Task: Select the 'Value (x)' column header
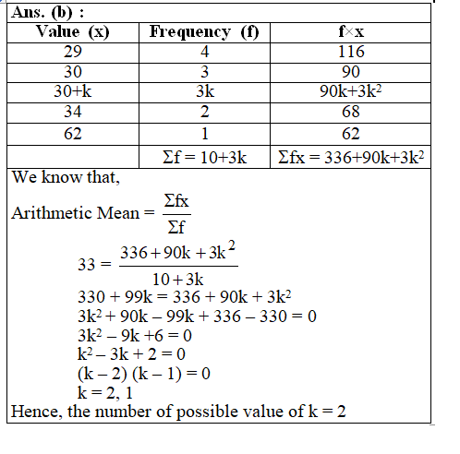[72, 32]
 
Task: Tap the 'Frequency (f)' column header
[204, 32]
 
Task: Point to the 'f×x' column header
[351, 32]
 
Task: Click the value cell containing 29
[72, 52]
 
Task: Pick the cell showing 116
[351, 52]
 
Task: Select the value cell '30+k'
[72, 92]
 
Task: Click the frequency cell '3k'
[204, 92]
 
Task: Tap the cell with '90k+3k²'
[351, 92]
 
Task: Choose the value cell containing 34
[72, 113]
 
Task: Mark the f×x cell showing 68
[351, 113]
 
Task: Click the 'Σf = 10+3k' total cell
[204, 156]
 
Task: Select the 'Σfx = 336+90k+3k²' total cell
[351, 156]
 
